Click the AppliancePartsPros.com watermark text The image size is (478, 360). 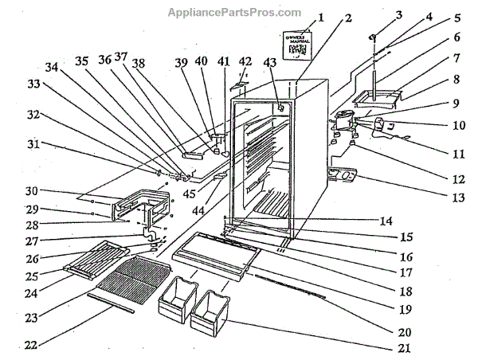pyautogui.click(x=234, y=13)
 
